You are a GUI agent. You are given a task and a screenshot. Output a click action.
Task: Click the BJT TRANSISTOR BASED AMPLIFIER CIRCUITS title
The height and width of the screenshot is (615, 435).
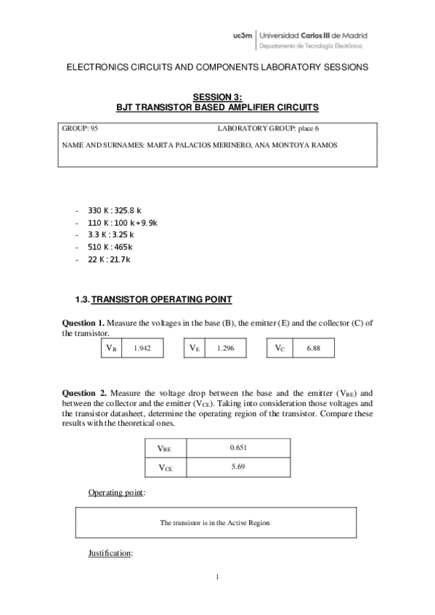coord(217,106)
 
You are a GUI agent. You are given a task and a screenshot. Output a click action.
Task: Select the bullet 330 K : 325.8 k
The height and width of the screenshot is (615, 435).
coord(114,210)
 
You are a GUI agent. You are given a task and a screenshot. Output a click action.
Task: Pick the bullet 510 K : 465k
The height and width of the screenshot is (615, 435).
coord(110,247)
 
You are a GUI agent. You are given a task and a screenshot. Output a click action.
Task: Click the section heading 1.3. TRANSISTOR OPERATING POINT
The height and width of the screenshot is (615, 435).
coord(154,300)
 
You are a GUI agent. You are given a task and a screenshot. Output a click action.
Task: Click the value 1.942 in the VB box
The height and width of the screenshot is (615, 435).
coord(142,348)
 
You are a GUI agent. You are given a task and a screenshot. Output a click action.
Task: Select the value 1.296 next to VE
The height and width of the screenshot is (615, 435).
coord(225,348)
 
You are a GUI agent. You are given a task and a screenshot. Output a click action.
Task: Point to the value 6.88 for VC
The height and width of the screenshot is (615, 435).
coord(314,348)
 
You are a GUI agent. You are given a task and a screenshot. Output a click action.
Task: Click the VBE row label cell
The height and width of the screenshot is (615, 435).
coord(165,449)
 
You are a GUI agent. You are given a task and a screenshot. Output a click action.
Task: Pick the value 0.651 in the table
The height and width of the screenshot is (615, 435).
coord(237,448)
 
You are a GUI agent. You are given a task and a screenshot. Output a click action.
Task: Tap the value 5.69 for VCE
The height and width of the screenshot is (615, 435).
coord(237,467)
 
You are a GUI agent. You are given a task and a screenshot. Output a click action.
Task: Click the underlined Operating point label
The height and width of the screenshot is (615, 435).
coord(116,493)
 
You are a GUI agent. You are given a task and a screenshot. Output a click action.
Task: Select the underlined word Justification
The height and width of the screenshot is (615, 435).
coord(110,553)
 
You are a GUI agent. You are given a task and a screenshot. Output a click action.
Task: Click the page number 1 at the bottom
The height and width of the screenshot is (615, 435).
coord(217,577)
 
